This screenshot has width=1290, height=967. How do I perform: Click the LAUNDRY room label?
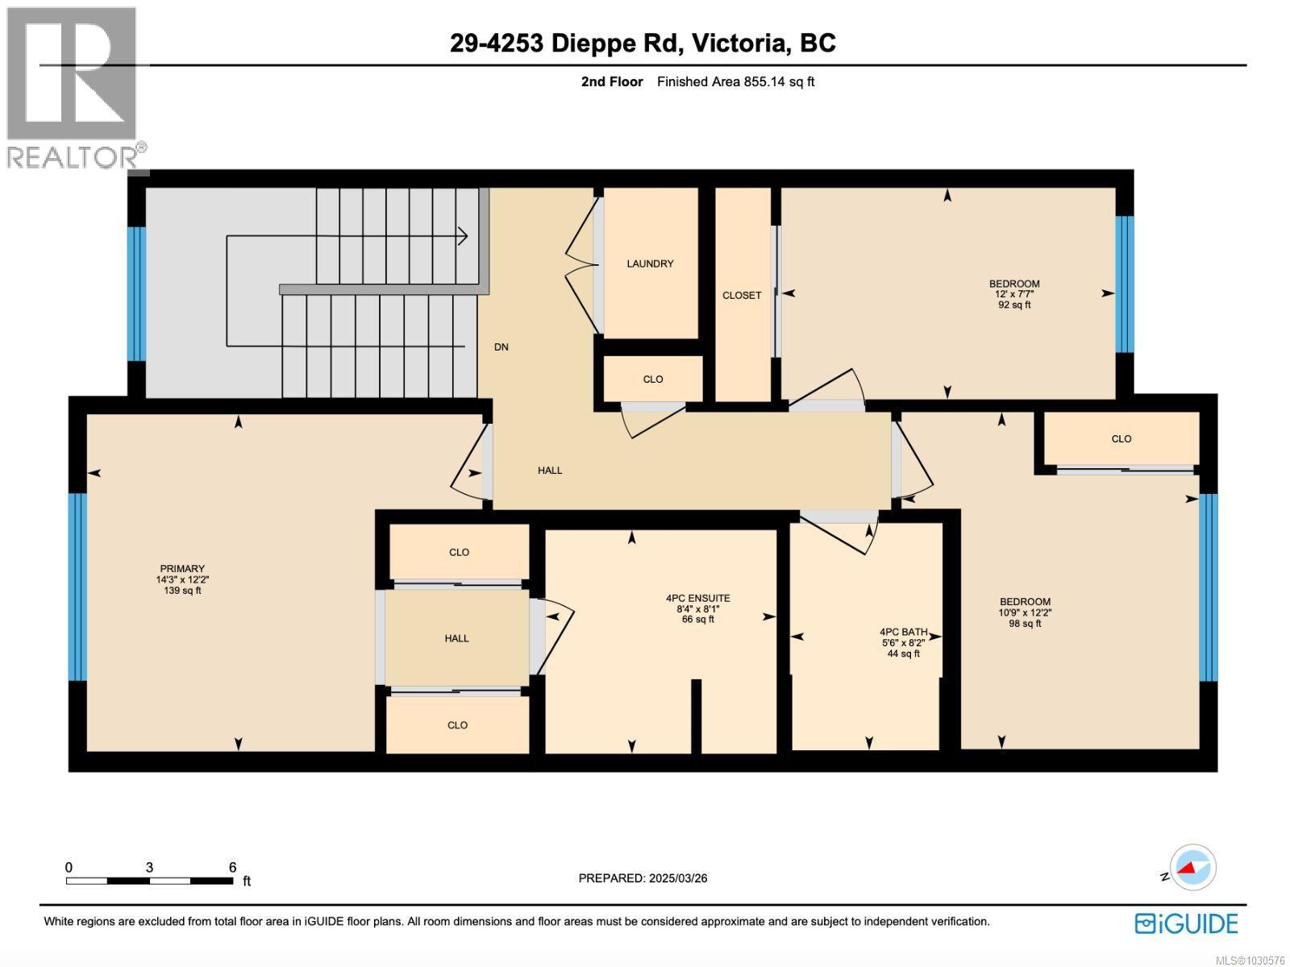(650, 264)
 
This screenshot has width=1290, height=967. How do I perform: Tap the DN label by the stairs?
(501, 347)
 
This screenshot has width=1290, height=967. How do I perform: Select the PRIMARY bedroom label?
(182, 569)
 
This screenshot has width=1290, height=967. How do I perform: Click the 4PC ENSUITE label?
(697, 599)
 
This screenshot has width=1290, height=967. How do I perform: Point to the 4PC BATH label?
(903, 633)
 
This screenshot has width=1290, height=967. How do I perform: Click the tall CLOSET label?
(742, 296)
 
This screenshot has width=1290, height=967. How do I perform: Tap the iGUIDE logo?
(1186, 923)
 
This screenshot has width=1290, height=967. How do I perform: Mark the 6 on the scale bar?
(232, 868)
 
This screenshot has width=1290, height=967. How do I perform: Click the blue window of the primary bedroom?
(77, 587)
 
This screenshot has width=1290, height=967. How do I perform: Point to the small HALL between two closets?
(456, 638)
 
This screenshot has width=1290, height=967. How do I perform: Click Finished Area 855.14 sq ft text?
(735, 81)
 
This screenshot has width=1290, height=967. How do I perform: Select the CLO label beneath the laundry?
(652, 380)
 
